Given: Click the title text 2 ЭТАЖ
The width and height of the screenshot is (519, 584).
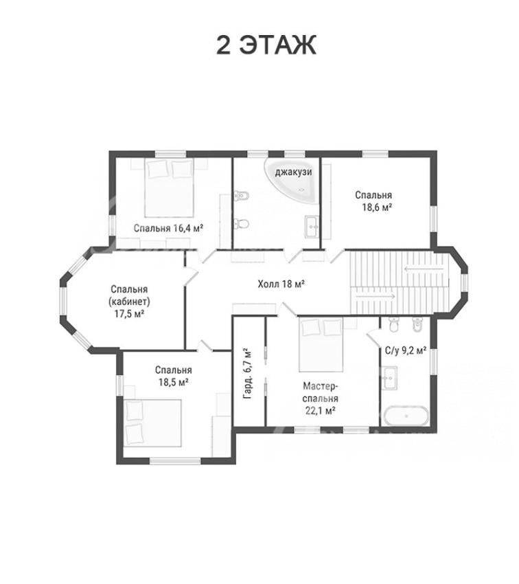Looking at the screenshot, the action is tap(266, 45).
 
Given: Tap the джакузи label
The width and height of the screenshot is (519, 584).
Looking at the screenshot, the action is tap(293, 172).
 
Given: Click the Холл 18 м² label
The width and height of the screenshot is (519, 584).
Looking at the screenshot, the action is tap(281, 284).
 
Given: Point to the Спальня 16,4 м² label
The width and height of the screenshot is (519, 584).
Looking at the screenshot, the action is tap(168, 228).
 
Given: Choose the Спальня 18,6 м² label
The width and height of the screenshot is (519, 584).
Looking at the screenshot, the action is tap(373, 201).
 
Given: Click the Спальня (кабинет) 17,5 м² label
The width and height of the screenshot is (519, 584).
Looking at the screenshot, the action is tap(129, 302).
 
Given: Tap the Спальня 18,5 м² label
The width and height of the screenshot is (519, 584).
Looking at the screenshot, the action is tap(174, 376).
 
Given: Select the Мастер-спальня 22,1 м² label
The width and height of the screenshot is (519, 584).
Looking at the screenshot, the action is tap(320, 398).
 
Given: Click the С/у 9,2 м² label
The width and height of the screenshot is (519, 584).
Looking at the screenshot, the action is tap(405, 350).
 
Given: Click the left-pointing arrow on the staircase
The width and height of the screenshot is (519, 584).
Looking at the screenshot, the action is tap(424, 268).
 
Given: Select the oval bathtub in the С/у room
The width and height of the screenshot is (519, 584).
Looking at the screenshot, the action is tap(406, 416).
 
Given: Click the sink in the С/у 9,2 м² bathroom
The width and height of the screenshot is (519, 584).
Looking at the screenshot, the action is tap(389, 378).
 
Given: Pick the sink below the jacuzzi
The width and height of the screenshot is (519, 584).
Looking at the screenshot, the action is tap(312, 227).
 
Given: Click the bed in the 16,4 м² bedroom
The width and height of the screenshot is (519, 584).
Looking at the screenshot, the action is tap(170, 188).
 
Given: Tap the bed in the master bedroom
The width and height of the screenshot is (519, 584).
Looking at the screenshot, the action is tap(321, 344).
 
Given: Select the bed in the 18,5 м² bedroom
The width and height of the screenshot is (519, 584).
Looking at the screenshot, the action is tap(153, 423).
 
